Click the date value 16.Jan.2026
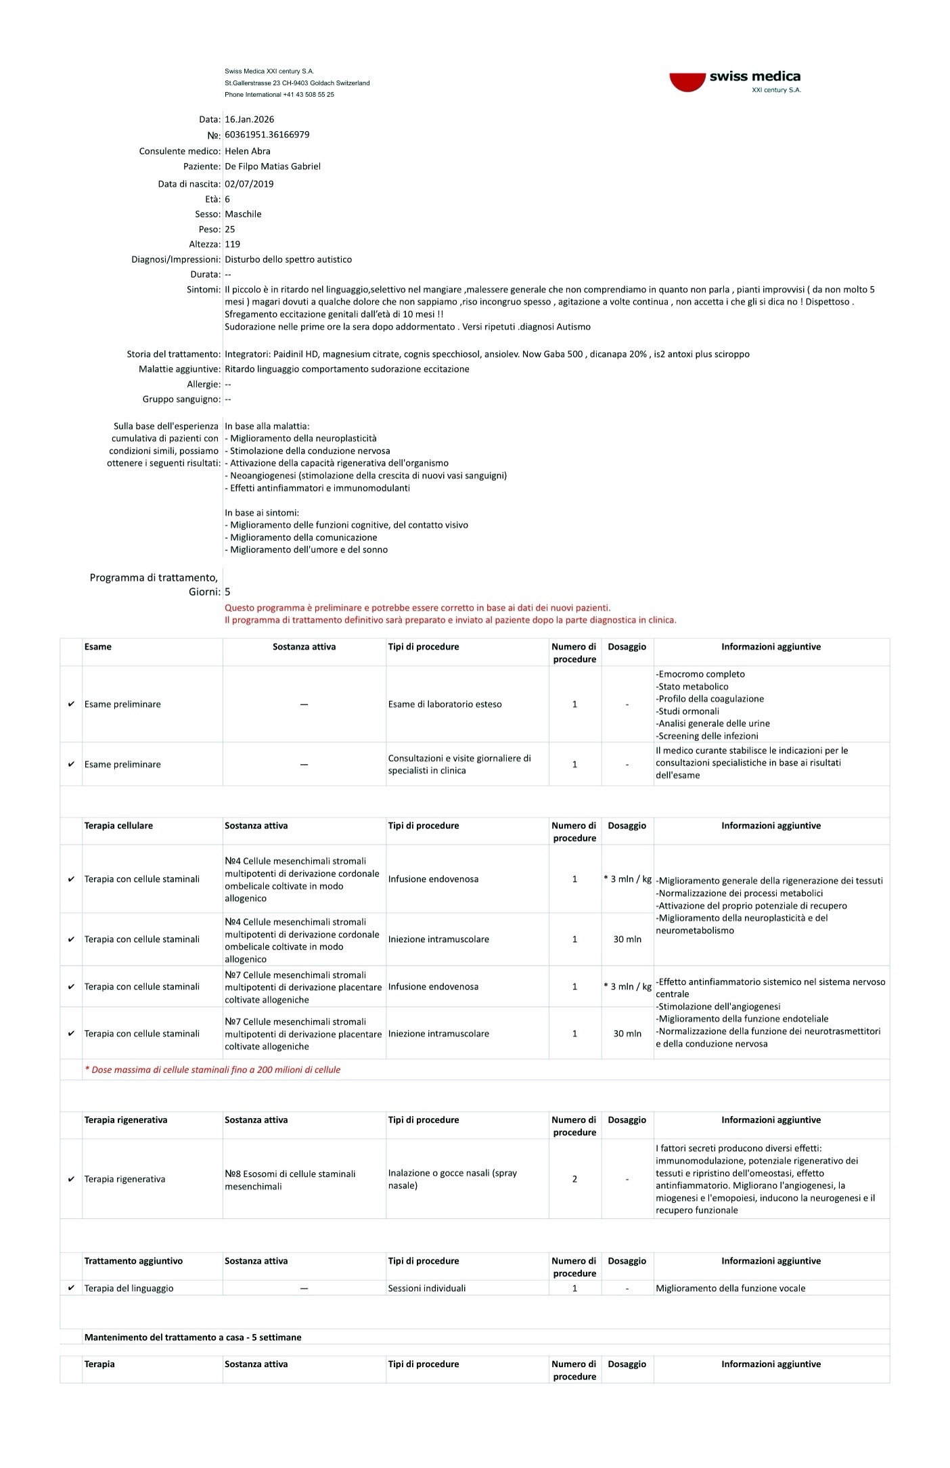pyautogui.click(x=249, y=119)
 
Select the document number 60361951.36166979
pyautogui.click(x=267, y=135)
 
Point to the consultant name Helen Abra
pyautogui.click(x=247, y=151)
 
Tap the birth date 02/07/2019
pyautogui.click(x=249, y=183)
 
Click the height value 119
pyautogui.click(x=232, y=244)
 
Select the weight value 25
pyautogui.click(x=230, y=229)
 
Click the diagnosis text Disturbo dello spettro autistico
pyautogui.click(x=288, y=259)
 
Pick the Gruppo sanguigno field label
pyautogui.click(x=181, y=399)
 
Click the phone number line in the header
pyautogui.click(x=279, y=95)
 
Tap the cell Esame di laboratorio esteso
pyautogui.click(x=445, y=705)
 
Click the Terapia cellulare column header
pyautogui.click(x=118, y=826)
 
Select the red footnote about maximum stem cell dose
pyautogui.click(x=212, y=1070)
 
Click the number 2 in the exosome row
pyautogui.click(x=574, y=1179)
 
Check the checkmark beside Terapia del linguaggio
pyautogui.click(x=71, y=1288)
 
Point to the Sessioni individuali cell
pyautogui.click(x=426, y=1288)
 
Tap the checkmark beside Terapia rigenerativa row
pyautogui.click(x=71, y=1179)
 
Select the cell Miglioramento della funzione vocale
pyautogui.click(x=730, y=1288)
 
